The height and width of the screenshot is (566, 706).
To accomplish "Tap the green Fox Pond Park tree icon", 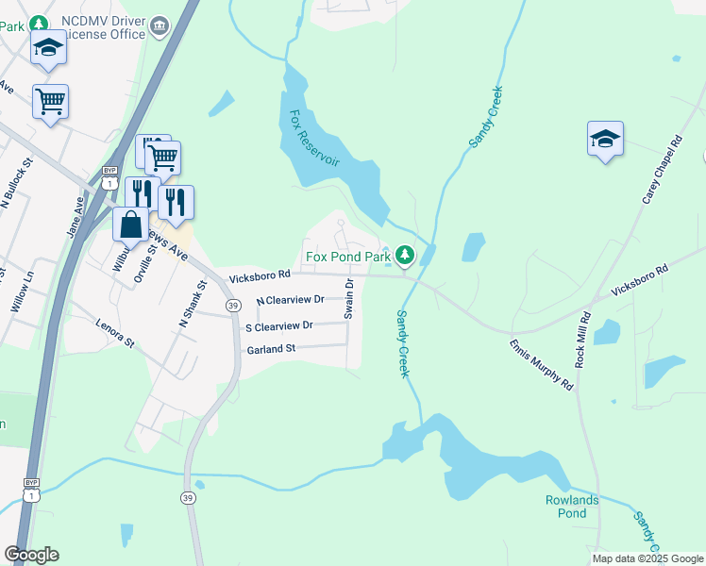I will tap(405, 255).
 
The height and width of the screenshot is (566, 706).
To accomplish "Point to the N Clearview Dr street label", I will tap(290, 300).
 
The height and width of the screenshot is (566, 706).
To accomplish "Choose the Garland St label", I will tap(271, 349).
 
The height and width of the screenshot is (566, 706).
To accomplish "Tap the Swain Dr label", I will tap(348, 298).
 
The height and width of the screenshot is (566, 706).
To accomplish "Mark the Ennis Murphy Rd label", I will tap(541, 365).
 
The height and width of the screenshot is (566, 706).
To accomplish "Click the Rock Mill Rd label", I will tap(582, 340).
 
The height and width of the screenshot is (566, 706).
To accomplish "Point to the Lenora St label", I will tap(116, 332).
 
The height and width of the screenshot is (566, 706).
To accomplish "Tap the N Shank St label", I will tap(193, 304).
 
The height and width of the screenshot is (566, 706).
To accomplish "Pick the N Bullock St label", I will tap(18, 185).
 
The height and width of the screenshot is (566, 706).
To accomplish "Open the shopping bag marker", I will tap(130, 225).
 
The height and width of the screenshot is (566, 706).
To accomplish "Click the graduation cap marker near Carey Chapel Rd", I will tap(605, 141).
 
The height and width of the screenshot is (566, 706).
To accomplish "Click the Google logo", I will tap(31, 555).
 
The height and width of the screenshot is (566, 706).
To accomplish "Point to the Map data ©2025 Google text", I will tap(647, 558).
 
